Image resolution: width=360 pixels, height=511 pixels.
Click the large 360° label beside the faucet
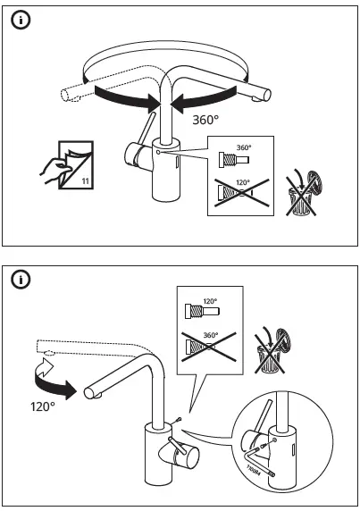(x=204, y=117)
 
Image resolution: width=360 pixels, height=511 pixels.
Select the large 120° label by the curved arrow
(x=31, y=406)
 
